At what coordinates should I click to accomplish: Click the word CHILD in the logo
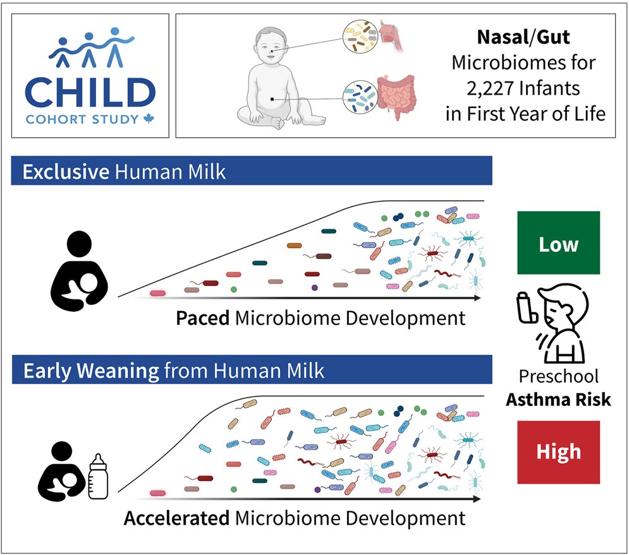[x=90, y=92]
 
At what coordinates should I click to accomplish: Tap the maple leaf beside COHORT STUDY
[x=149, y=119]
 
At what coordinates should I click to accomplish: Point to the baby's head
[x=271, y=45]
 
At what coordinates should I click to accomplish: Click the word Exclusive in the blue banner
[x=66, y=172]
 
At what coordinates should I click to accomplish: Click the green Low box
[x=558, y=243]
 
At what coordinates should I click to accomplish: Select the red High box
[x=558, y=452]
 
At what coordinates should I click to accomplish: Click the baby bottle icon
[x=98, y=477]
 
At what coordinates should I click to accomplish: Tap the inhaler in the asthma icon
[x=527, y=307]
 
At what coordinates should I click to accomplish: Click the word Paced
[x=202, y=318]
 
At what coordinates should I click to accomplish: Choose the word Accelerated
[x=176, y=518]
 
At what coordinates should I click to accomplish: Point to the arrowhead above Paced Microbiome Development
[x=477, y=298]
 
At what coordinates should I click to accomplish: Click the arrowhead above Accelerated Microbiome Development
[x=477, y=499]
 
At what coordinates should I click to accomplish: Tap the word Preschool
[x=558, y=376]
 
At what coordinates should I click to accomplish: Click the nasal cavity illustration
[x=391, y=37]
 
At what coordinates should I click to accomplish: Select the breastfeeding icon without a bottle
[x=80, y=271]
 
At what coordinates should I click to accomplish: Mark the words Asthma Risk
[x=558, y=400]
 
